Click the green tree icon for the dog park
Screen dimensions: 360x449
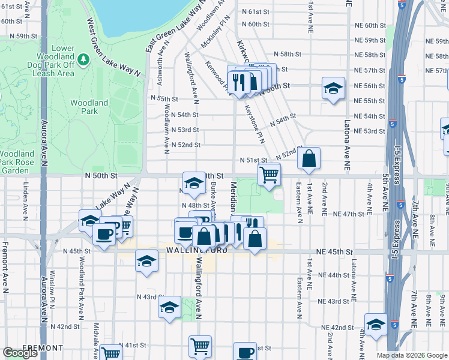[x=85, y=59]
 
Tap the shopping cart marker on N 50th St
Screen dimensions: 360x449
[x=270, y=175]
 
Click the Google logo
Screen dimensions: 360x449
[x=20, y=353]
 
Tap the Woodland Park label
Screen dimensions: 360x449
[x=89, y=107]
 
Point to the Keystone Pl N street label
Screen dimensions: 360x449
[x=255, y=124]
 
